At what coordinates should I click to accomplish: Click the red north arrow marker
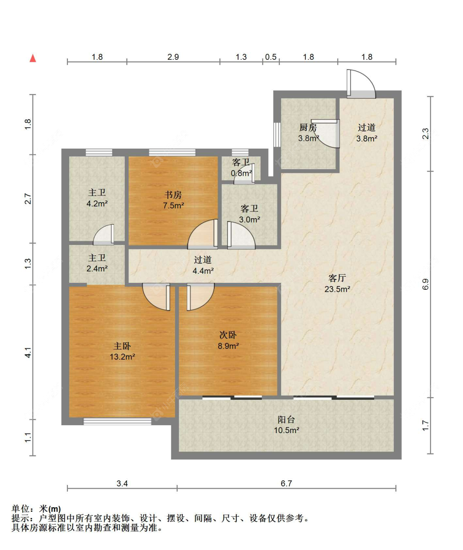click(33, 58)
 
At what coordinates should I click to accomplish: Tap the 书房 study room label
click(173, 195)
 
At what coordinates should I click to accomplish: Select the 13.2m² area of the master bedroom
click(122, 357)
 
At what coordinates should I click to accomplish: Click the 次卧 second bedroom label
click(228, 335)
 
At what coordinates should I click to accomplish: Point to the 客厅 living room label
click(337, 278)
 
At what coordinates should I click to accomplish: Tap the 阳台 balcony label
click(286, 419)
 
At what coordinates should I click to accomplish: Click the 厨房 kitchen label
click(308, 128)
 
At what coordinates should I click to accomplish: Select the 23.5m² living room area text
click(337, 289)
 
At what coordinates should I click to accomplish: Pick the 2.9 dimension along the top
click(173, 57)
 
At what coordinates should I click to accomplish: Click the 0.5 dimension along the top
click(271, 57)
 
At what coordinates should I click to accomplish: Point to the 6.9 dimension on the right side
click(425, 284)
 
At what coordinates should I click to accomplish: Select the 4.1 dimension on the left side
click(28, 352)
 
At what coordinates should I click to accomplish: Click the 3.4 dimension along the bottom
click(122, 483)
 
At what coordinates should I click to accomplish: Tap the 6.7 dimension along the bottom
click(286, 483)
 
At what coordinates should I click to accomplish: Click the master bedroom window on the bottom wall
click(117, 421)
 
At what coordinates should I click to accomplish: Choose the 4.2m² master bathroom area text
click(97, 203)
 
